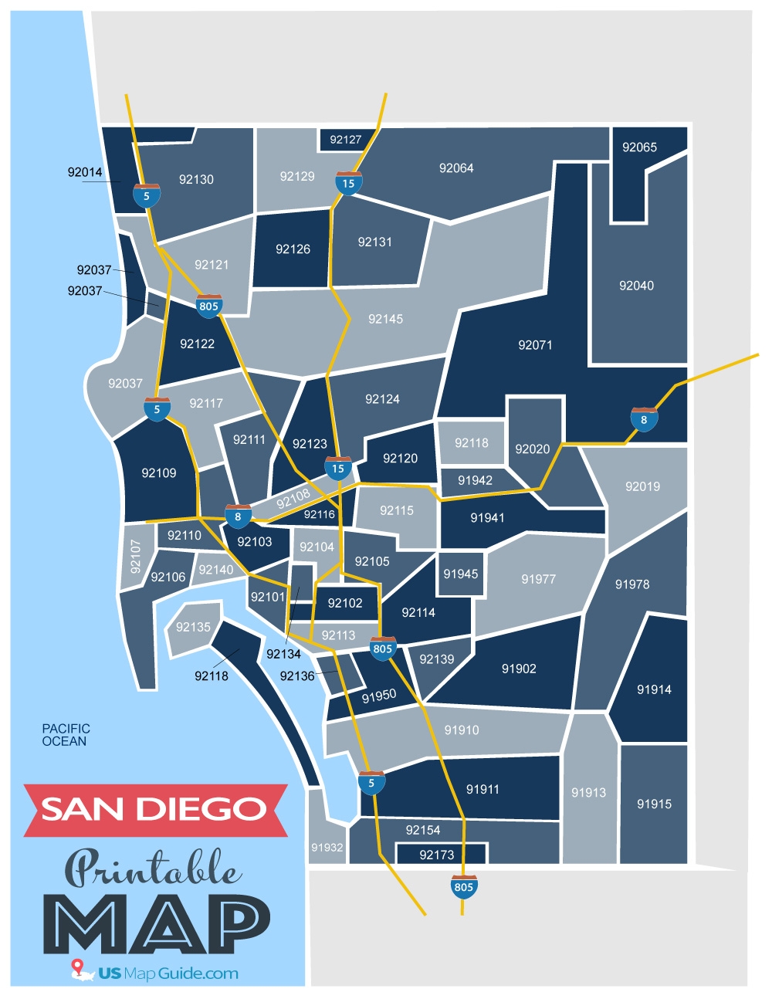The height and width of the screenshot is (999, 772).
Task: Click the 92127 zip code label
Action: (x=345, y=140)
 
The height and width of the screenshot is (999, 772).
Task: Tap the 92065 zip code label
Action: (x=639, y=147)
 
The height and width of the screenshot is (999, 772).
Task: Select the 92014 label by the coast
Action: (x=85, y=172)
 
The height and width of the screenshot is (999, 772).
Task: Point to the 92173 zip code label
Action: (x=437, y=855)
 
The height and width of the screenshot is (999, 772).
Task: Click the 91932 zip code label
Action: (x=327, y=848)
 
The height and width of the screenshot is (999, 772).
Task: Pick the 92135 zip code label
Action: (x=193, y=627)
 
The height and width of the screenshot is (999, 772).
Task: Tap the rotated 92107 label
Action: (x=136, y=556)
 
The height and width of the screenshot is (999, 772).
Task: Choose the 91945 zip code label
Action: (x=461, y=574)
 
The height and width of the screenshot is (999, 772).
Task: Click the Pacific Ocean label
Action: (x=66, y=735)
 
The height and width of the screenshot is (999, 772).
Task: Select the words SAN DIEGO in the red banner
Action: (x=154, y=809)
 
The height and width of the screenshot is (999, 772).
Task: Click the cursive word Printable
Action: (x=152, y=869)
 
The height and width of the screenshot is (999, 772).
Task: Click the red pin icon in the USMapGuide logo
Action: (x=76, y=967)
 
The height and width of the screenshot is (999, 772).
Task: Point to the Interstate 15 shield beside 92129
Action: (x=349, y=183)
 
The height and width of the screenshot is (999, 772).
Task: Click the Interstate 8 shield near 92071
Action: (x=644, y=419)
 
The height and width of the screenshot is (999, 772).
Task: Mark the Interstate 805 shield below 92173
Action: (x=464, y=887)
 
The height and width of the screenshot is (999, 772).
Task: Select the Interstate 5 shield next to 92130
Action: (x=147, y=195)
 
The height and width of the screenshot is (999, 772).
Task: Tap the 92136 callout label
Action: (x=297, y=676)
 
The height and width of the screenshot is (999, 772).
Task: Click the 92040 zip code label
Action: (x=636, y=286)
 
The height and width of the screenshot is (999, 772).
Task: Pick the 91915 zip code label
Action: (x=654, y=804)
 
